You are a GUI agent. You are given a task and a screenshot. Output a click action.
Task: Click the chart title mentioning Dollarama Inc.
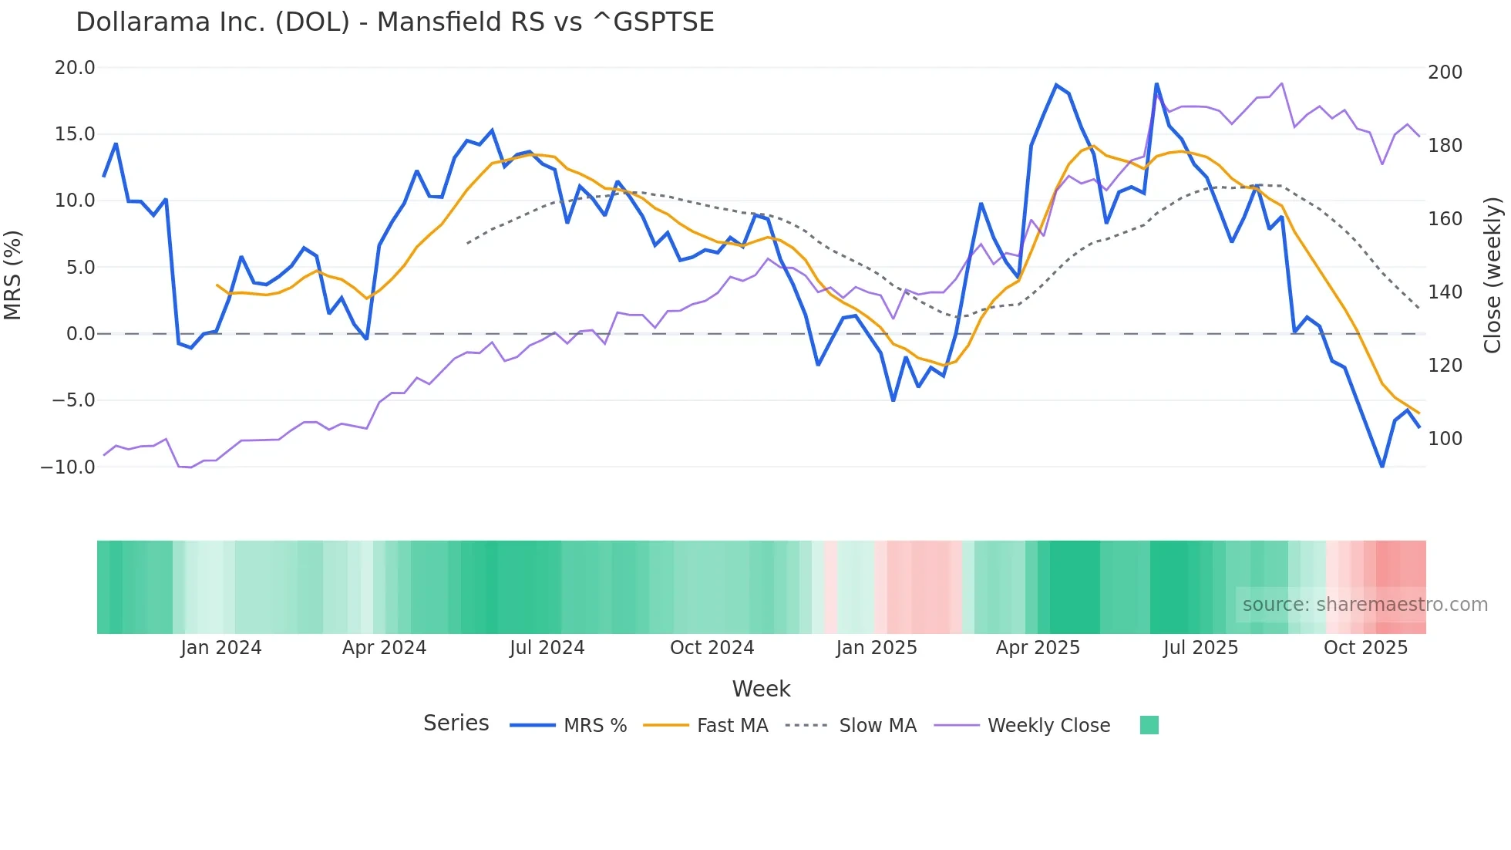click(395, 22)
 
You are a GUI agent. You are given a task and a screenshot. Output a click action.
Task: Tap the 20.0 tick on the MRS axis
click(75, 68)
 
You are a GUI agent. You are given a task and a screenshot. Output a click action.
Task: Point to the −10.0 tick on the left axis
click(68, 467)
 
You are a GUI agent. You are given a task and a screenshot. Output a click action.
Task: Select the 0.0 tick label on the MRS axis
click(80, 334)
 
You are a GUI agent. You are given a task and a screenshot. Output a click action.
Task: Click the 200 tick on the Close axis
click(1445, 73)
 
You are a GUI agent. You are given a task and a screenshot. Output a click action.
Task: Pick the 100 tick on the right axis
click(1445, 439)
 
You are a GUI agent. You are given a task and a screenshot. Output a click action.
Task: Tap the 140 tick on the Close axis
click(1445, 292)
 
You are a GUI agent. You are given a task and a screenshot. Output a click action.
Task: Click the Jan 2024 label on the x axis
click(221, 648)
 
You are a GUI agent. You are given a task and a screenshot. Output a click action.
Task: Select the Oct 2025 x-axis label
click(1365, 648)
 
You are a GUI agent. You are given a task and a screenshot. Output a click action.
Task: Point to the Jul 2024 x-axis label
click(547, 648)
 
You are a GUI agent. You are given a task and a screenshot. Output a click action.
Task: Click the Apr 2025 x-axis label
click(1038, 648)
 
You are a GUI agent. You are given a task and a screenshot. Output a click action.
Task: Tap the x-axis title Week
click(761, 689)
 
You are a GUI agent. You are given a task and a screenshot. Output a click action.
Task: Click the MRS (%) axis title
click(13, 275)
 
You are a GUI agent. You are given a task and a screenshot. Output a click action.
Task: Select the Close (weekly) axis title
click(1492, 275)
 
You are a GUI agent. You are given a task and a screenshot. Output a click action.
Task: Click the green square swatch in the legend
click(1149, 725)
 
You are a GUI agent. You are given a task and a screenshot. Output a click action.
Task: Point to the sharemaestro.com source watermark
click(1365, 605)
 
